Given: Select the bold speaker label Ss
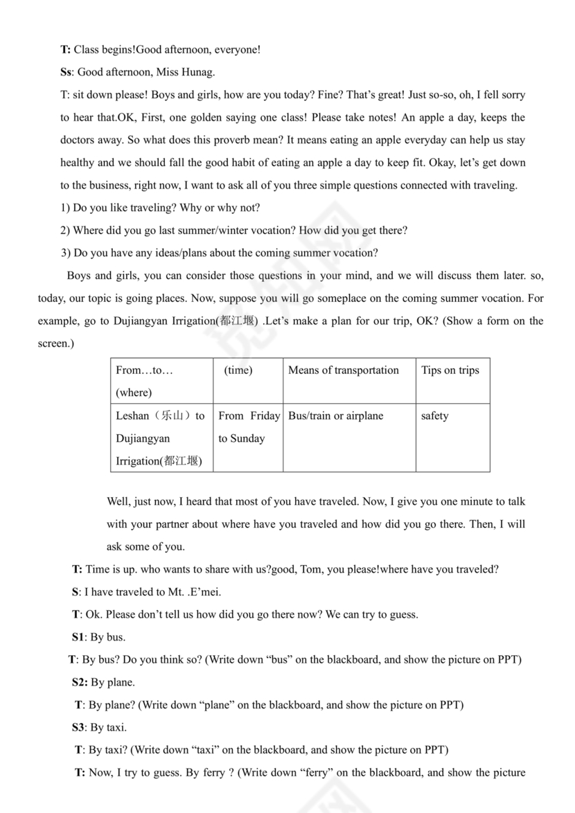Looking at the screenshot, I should tap(67, 72).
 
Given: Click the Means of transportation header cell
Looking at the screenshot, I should tap(344, 370).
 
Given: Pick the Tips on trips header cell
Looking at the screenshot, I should tap(450, 370).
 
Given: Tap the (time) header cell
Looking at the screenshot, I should tap(238, 370).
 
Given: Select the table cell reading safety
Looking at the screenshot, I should tap(434, 416).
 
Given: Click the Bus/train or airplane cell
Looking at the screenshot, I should tap(335, 416).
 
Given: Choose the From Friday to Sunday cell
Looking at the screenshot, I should tap(248, 427).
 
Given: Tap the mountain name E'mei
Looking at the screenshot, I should tap(204, 592).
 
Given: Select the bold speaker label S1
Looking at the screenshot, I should tap(78, 637).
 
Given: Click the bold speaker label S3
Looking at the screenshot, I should tap(78, 727).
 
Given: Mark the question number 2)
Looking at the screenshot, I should tap(65, 231).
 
